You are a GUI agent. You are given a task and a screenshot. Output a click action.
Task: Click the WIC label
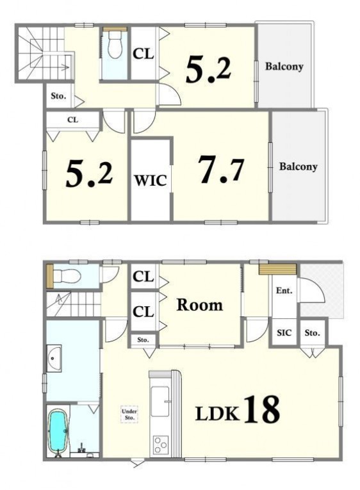point(151,181)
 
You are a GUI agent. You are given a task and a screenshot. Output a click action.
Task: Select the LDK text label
point(218,413)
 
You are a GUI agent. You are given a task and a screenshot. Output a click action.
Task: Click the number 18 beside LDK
point(261,409)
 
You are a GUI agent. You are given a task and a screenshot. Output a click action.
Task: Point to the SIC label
point(284,332)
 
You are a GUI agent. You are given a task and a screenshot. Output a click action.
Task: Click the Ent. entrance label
point(284,291)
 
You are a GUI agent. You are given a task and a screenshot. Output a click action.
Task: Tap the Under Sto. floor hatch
point(129,414)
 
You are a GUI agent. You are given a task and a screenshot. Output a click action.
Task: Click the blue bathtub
point(58,430)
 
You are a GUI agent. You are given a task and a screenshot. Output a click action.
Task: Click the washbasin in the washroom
point(54,359)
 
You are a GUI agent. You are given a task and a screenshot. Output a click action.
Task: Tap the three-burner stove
point(160,445)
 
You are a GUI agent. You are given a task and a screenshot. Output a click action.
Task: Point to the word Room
point(200,305)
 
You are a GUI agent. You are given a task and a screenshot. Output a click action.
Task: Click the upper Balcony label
point(284,67)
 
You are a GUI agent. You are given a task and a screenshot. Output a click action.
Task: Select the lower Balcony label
point(298,167)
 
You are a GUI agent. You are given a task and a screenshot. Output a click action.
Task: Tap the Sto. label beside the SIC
point(312,333)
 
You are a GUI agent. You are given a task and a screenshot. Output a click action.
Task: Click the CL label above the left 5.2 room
point(73,120)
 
